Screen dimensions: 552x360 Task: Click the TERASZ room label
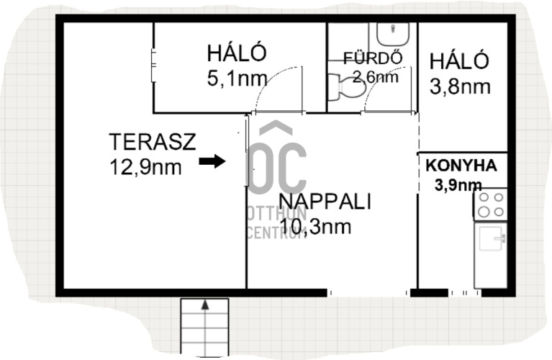(153, 142)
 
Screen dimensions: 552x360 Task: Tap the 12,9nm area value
(146, 166)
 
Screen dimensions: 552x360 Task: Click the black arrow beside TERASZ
(212, 162)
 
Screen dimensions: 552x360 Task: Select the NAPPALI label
(325, 202)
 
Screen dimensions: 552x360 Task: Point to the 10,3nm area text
(316, 227)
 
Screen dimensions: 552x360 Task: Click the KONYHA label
(461, 166)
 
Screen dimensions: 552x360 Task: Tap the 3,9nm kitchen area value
(458, 185)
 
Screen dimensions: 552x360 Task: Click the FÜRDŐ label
(373, 58)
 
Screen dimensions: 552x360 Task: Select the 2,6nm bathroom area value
(375, 76)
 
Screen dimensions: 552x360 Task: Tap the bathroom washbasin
(393, 34)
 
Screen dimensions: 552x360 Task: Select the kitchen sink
(491, 238)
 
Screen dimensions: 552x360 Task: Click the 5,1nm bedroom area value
(237, 78)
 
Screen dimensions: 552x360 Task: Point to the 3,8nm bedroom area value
(460, 86)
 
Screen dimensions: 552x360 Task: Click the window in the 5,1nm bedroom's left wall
(153, 66)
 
